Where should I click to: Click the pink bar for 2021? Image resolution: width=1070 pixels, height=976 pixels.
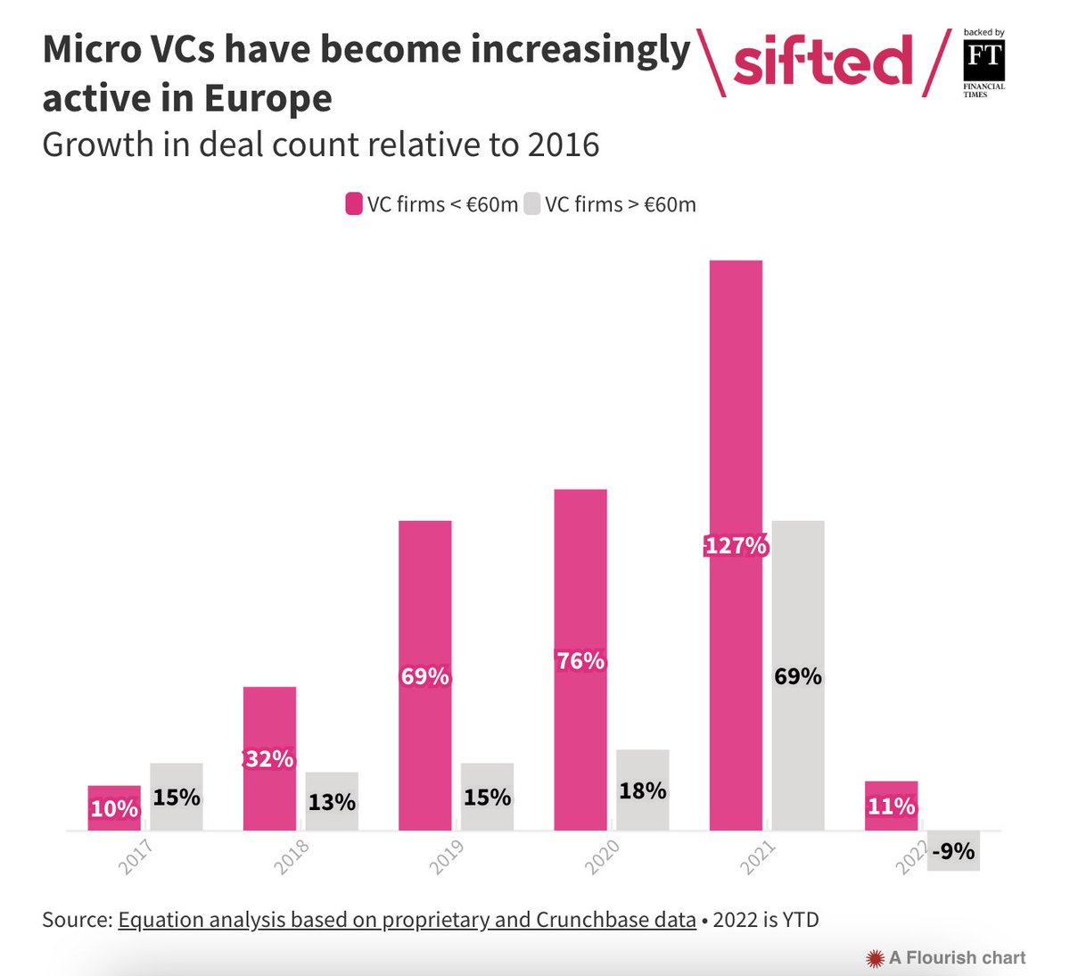click(x=736, y=401)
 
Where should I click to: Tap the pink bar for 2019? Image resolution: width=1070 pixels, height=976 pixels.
click(x=425, y=607)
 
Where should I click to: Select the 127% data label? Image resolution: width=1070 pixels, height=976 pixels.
click(x=736, y=545)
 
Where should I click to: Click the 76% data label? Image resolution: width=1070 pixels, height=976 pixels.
click(x=580, y=661)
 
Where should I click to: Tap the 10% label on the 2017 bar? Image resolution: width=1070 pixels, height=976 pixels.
click(x=114, y=809)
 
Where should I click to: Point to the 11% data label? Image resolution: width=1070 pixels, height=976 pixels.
click(x=892, y=806)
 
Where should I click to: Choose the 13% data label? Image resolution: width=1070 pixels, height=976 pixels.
click(x=332, y=802)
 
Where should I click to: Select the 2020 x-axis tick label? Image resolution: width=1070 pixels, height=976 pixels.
click(x=602, y=857)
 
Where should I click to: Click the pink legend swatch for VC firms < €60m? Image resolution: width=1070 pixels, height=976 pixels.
click(x=354, y=204)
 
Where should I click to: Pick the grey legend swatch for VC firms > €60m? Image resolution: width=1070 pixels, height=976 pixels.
click(x=532, y=204)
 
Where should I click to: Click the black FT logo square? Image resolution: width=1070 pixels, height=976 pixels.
click(x=984, y=61)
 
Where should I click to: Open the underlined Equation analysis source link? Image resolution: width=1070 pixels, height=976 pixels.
click(x=407, y=920)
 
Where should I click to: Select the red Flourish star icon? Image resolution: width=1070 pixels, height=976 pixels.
click(x=875, y=958)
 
